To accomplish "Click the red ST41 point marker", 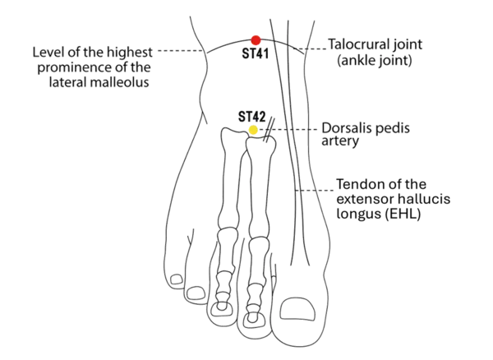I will (256, 39).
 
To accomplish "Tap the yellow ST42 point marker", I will (254, 131).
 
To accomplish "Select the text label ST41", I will (256, 53).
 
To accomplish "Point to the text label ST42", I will (251, 118).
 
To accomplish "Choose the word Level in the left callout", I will (47, 52).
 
